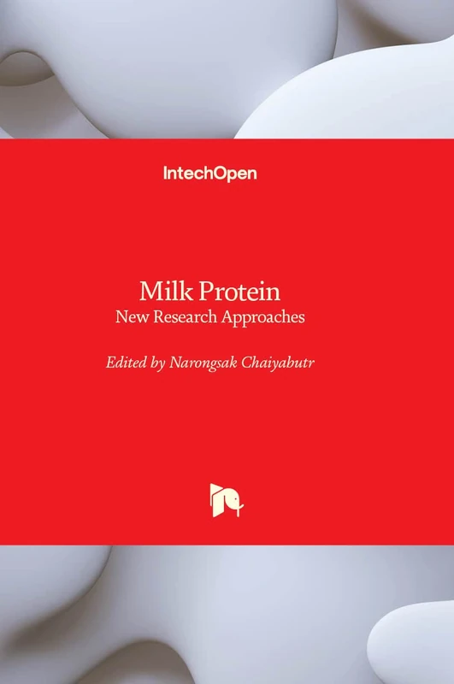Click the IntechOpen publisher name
(210, 174)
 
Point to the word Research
(186, 317)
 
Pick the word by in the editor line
(156, 363)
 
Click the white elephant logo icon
(227, 500)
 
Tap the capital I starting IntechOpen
(165, 173)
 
